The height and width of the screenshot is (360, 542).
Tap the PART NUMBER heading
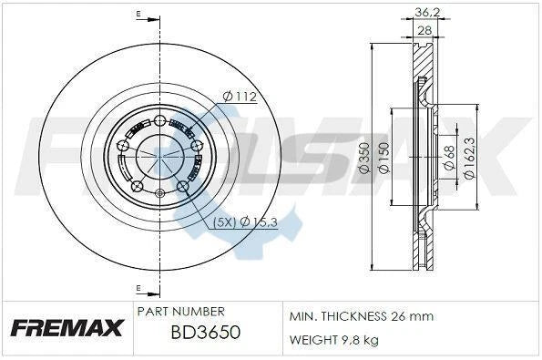(x=179, y=311)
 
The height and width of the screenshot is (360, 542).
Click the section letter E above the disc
(x=138, y=15)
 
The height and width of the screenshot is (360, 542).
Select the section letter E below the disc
(x=138, y=289)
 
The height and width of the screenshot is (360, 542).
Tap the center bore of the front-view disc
(x=159, y=156)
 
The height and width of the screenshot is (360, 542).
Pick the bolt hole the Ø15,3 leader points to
(x=182, y=187)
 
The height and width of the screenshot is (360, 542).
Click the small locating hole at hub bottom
(x=159, y=192)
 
